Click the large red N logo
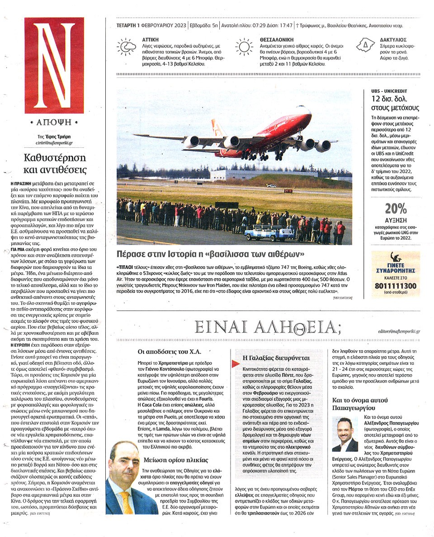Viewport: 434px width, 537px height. (x=55, y=66)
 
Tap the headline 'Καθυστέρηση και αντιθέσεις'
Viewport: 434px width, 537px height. (x=55, y=164)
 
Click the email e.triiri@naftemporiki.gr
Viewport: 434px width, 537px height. (x=55, y=143)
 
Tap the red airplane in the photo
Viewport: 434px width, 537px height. (x=253, y=136)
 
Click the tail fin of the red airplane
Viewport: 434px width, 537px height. (x=218, y=128)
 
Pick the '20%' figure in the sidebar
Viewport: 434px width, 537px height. (x=396, y=208)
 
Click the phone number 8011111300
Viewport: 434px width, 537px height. (x=395, y=286)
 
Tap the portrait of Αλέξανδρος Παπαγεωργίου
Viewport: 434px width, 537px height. (x=346, y=434)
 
